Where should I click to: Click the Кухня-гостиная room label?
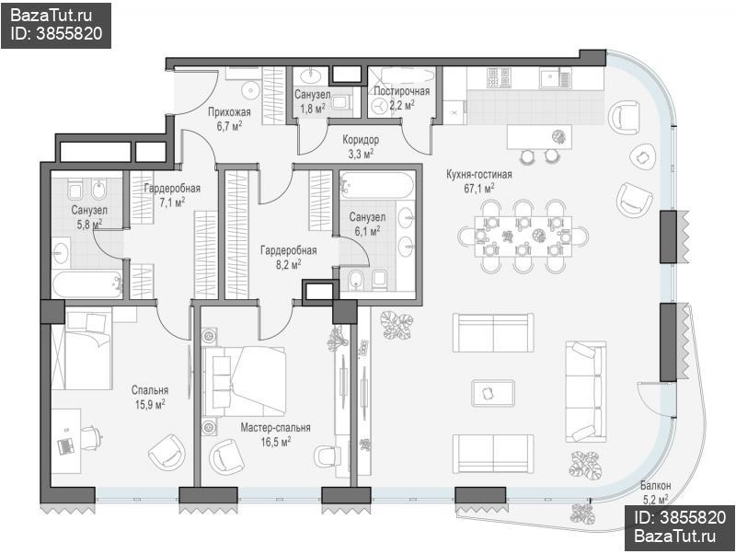tap(478, 175)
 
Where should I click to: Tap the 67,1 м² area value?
tap(478, 189)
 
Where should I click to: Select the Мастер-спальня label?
tap(275, 428)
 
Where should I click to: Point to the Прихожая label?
tap(229, 112)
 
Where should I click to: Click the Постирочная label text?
tap(402, 91)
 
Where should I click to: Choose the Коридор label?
tap(361, 140)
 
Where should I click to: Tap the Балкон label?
tap(655, 486)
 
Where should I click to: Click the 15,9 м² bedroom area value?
tap(150, 404)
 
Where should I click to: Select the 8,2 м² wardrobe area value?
tap(289, 264)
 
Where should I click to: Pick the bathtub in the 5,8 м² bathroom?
tap(86, 284)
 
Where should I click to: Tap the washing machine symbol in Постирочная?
tap(378, 107)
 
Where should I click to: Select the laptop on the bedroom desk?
tap(65, 445)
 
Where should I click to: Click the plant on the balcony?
tap(582, 514)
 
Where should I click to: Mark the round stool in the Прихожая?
tap(251, 90)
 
